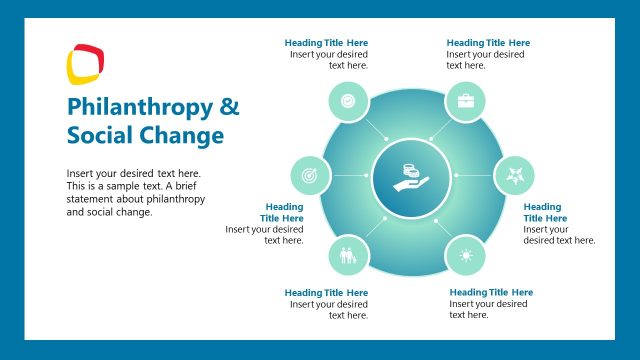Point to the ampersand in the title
229,107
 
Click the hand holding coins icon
410,177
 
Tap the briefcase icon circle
465,101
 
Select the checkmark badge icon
347,101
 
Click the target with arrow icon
310,176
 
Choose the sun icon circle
465,255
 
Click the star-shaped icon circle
514,176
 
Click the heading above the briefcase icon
488,43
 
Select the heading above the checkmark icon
326,43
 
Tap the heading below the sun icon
491,292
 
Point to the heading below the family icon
326,292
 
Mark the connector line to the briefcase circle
440,130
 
